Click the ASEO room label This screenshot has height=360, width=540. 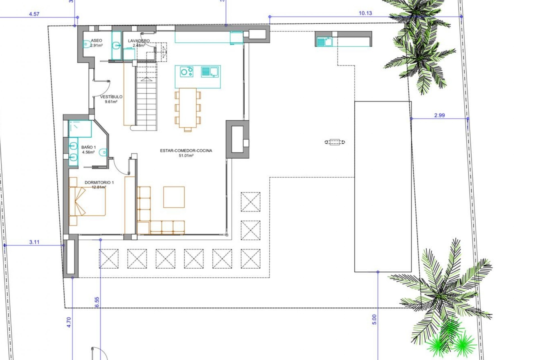pos(96,41)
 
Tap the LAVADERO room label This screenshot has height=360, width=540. pos(139,41)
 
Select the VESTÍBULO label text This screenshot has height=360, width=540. pos(111,97)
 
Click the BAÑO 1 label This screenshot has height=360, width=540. pos(89,147)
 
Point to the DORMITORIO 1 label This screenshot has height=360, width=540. pos(99,183)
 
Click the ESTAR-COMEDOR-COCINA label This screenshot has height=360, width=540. pos(186,150)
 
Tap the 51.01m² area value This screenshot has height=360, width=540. pos(186,156)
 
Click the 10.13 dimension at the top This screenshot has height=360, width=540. pos(365,13)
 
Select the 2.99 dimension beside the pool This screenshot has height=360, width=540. pos(439,115)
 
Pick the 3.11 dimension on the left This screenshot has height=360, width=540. pos(34,242)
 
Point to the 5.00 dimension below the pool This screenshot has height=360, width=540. pos(374,319)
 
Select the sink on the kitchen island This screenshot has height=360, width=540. pos(210,72)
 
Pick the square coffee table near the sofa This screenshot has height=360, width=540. pos(174,197)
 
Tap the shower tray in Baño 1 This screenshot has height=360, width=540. pos(80,129)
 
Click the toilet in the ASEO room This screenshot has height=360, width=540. pos(87,44)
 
